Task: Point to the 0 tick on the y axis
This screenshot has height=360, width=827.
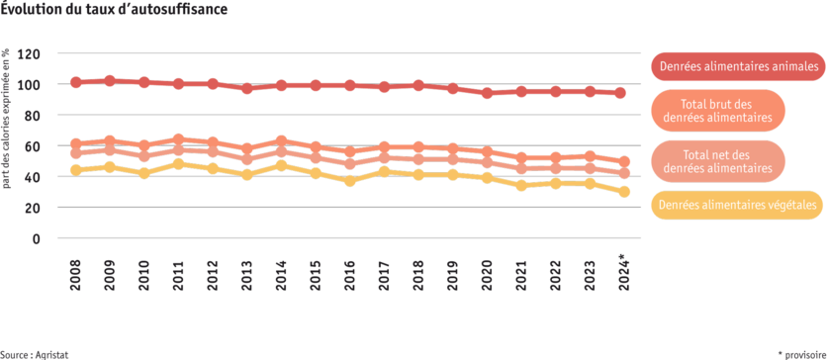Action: pos(36,238)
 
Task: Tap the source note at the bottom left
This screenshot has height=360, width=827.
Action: pos(28,353)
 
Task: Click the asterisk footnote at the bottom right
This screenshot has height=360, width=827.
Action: pos(798,352)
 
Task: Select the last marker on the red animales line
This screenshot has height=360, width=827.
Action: pos(620,93)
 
